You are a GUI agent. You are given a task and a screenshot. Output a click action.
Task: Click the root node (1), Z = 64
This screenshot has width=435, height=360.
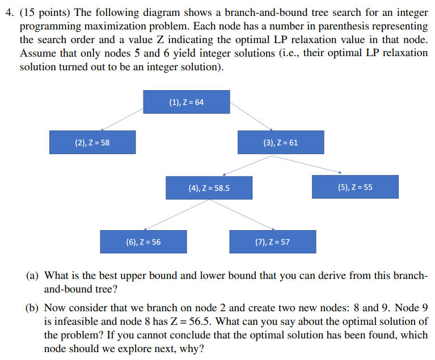[x=186, y=102]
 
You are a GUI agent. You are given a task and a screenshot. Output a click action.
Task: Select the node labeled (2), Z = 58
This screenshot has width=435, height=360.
[x=92, y=142]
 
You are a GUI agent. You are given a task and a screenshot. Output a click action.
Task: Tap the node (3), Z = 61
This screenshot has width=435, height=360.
[x=281, y=142]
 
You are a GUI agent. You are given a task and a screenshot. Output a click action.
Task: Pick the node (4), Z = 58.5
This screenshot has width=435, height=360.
[x=209, y=188]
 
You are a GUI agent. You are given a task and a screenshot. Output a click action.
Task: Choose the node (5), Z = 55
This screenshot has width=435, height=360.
[x=355, y=187]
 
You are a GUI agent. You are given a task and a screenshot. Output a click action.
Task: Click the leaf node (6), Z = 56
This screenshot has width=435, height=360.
[x=143, y=242]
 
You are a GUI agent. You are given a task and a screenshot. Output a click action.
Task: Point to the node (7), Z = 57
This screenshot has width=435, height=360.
[x=273, y=242]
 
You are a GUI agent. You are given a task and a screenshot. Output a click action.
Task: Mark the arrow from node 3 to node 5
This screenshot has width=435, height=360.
[x=312, y=164]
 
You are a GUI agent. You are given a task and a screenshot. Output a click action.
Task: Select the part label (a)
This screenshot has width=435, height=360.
[x=32, y=276]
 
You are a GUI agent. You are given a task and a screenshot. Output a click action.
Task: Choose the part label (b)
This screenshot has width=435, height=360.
[x=32, y=308]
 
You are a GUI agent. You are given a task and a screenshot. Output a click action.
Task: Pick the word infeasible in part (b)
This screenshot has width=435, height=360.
[x=75, y=321]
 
